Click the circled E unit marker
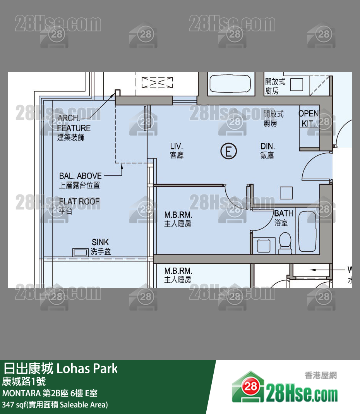(x=228, y=151)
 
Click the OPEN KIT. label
(x=309, y=118)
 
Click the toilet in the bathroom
(x=285, y=243)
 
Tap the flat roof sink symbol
(x=81, y=252)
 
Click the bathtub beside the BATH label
(x=308, y=232)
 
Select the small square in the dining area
(x=286, y=192)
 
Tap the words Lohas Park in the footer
(x=87, y=368)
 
